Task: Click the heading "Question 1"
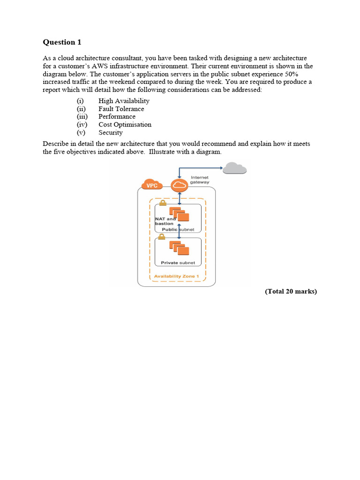pyautogui.click(x=62, y=42)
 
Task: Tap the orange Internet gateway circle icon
pyautogui.click(x=179, y=185)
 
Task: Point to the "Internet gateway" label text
pyautogui.click(x=200, y=180)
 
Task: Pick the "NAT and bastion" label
pyautogui.click(x=165, y=221)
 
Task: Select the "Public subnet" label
pyautogui.click(x=178, y=230)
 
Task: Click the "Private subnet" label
pyautogui.click(x=178, y=262)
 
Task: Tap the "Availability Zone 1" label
pyautogui.click(x=177, y=276)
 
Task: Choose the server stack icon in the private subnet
pyautogui.click(x=179, y=247)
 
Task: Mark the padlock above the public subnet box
pyautogui.click(x=163, y=203)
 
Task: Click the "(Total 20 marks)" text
pyautogui.click(x=291, y=292)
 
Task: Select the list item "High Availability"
pyautogui.click(x=124, y=101)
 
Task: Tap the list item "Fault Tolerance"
pyautogui.click(x=121, y=109)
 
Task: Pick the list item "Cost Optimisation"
pyautogui.click(x=125, y=125)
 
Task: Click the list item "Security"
pyautogui.click(x=110, y=133)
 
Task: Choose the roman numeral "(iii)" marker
pyautogui.click(x=82, y=117)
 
